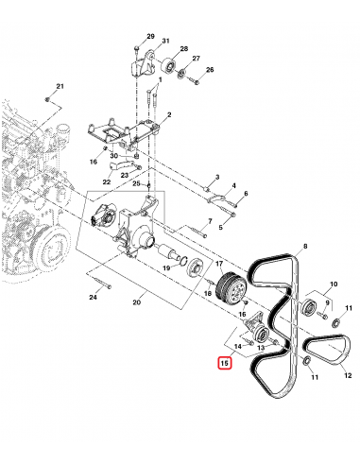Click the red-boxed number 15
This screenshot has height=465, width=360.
point(224,362)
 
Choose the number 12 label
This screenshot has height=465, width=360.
point(348,374)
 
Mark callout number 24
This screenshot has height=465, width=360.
point(94,298)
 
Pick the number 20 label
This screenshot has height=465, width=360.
point(137,303)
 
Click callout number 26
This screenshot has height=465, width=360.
point(210,69)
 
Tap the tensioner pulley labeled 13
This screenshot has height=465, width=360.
point(258,337)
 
